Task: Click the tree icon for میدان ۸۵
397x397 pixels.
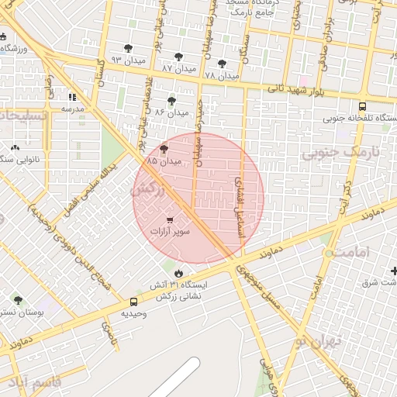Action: (x=164, y=149)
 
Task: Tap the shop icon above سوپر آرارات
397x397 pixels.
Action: (x=170, y=220)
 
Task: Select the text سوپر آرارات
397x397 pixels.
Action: (x=170, y=231)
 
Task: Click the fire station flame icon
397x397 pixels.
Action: (x=179, y=273)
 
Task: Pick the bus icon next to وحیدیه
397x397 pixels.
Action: (x=134, y=302)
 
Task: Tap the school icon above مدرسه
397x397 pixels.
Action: (x=72, y=98)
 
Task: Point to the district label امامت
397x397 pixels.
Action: (x=353, y=253)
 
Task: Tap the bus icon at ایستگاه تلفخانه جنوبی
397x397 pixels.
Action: (x=362, y=107)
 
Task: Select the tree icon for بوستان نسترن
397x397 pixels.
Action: (x=18, y=300)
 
